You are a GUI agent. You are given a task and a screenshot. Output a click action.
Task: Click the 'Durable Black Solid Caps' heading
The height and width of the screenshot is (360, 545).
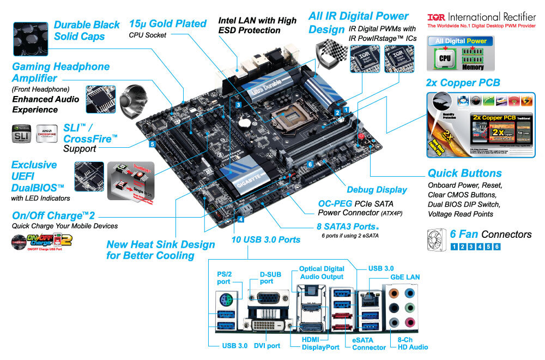point(87,31)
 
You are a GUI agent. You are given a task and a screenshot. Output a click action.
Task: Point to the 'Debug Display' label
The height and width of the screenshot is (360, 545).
point(377,189)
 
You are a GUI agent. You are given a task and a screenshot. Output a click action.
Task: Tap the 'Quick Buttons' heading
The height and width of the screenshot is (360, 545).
point(464,173)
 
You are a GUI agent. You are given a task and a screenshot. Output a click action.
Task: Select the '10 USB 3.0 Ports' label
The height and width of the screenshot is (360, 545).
point(265,239)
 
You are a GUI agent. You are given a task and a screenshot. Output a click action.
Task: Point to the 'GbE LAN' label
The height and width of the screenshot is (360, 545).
point(405,277)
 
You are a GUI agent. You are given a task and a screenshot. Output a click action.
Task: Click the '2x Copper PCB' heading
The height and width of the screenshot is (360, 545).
point(463,83)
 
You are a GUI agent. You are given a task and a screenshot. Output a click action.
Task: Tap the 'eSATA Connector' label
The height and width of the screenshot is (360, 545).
point(369,344)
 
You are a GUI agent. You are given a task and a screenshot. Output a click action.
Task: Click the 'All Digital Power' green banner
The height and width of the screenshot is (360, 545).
point(461,41)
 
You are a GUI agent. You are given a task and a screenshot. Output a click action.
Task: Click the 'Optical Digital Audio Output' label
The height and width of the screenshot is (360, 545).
point(322,272)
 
